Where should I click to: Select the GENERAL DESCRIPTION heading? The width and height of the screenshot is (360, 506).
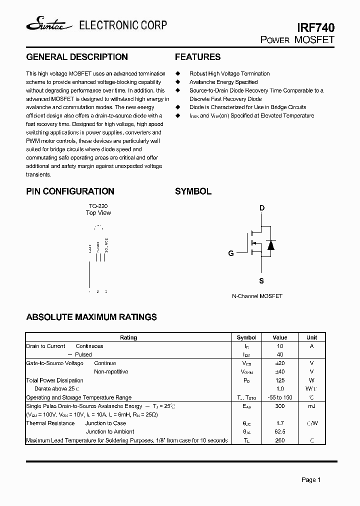click(76, 57)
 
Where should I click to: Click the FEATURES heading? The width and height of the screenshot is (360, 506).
click(197, 57)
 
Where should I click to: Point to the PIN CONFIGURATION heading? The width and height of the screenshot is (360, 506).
click(70, 191)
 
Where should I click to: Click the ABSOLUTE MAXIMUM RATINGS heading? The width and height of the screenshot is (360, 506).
click(91, 317)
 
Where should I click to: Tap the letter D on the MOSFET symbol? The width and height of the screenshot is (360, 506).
click(261, 208)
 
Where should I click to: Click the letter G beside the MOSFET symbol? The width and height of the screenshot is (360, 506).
click(231, 253)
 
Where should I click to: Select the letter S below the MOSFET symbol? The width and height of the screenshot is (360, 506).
click(261, 281)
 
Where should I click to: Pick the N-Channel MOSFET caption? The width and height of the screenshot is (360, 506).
click(257, 296)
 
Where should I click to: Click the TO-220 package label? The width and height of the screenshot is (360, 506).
click(98, 206)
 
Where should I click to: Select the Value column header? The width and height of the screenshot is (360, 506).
click(280, 337)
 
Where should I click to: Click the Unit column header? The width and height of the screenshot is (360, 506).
click(311, 337)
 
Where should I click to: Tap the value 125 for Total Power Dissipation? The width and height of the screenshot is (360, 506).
click(280, 380)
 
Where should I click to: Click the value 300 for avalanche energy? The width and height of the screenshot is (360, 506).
click(280, 406)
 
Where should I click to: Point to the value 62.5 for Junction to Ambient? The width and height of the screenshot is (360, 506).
click(280, 431)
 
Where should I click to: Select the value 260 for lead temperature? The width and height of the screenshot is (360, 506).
click(280, 440)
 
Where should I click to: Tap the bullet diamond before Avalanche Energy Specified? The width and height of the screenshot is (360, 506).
click(177, 82)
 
